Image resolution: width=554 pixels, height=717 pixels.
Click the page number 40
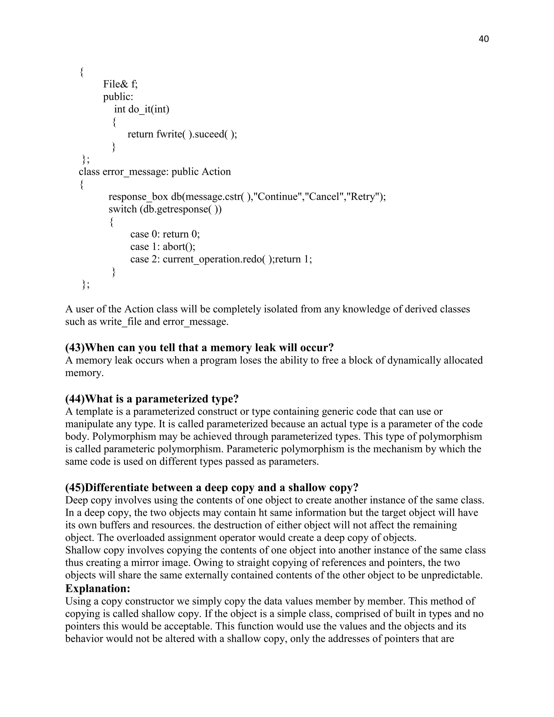pos(484,39)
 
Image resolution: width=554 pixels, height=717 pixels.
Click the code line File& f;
pos(120,84)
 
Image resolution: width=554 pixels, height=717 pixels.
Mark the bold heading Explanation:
pos(98,588)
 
